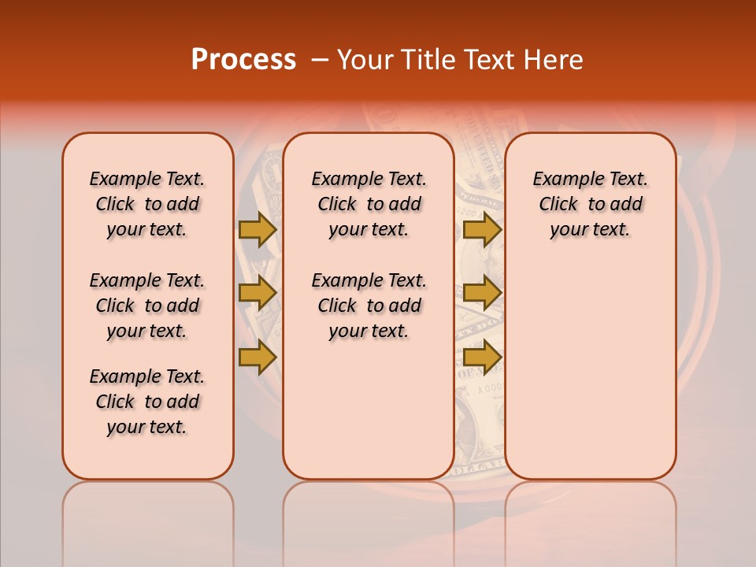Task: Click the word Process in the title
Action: pyautogui.click(x=243, y=60)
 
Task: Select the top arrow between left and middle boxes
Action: pyautogui.click(x=258, y=229)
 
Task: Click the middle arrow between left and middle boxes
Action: pyautogui.click(x=258, y=293)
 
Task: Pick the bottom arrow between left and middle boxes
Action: pyautogui.click(x=258, y=358)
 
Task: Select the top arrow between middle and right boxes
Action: pyautogui.click(x=482, y=229)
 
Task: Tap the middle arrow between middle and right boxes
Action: pyautogui.click(x=482, y=293)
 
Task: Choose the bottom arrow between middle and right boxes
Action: pyautogui.click(x=482, y=358)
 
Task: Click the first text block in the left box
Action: pyautogui.click(x=147, y=204)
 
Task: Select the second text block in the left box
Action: pyautogui.click(x=147, y=306)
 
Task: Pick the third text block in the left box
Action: pyautogui.click(x=147, y=402)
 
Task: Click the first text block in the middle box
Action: pyautogui.click(x=369, y=204)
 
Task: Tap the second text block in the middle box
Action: pyautogui.click(x=369, y=306)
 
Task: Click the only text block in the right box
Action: pyautogui.click(x=590, y=204)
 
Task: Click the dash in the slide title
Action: pyautogui.click(x=320, y=60)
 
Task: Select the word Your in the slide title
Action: pyautogui.click(x=365, y=60)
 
